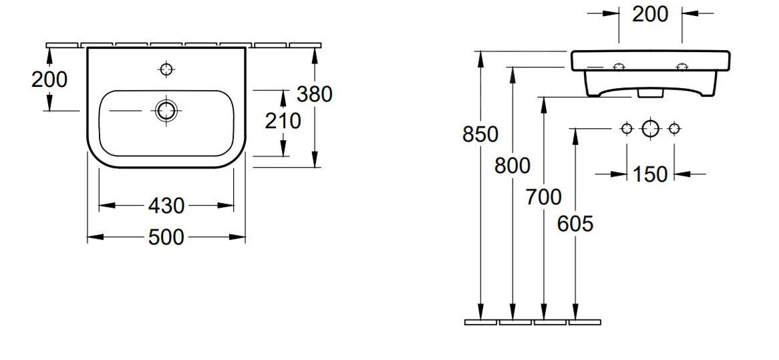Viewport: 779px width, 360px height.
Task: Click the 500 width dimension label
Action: [166, 236]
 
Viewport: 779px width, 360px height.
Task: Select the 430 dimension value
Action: [166, 206]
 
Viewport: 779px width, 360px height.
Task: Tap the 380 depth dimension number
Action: [315, 94]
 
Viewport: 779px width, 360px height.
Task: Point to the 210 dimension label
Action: [283, 121]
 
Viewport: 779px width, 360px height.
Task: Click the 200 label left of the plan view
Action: [49, 79]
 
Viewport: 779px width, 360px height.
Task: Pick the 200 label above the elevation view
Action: [650, 14]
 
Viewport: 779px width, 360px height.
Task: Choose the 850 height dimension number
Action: [480, 134]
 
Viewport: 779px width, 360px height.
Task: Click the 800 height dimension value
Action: [512, 165]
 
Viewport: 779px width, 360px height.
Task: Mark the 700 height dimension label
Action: [544, 197]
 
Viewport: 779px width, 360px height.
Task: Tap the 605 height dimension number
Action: [575, 224]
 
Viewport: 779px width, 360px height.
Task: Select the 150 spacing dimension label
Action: [650, 174]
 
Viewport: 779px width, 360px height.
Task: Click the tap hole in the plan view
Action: [166, 68]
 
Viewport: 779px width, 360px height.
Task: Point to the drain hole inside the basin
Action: [166, 111]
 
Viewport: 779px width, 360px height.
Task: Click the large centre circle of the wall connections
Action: [651, 128]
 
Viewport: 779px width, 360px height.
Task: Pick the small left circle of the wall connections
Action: [627, 128]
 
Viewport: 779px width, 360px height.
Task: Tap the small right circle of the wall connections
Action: [674, 128]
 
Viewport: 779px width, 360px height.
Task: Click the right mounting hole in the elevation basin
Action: [682, 67]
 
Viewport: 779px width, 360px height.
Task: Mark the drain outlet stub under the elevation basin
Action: [645, 93]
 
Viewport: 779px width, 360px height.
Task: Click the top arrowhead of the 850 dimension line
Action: [480, 57]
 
